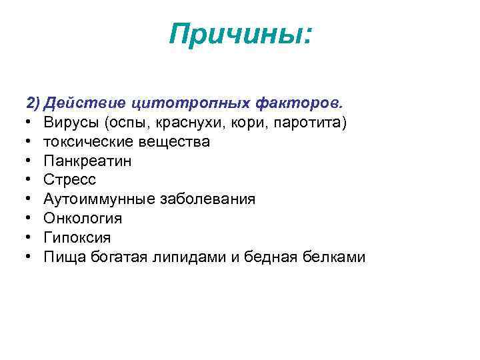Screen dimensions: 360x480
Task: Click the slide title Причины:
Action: (x=240, y=33)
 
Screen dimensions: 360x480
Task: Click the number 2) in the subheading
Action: (x=33, y=104)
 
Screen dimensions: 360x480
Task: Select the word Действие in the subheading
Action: (x=86, y=104)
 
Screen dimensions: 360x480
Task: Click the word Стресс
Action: (x=70, y=180)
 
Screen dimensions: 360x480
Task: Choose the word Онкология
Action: (x=83, y=219)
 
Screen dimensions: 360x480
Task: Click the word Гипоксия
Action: (x=77, y=238)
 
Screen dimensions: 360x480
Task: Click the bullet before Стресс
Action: (x=31, y=180)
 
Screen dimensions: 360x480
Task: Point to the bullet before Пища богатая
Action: (x=31, y=257)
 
